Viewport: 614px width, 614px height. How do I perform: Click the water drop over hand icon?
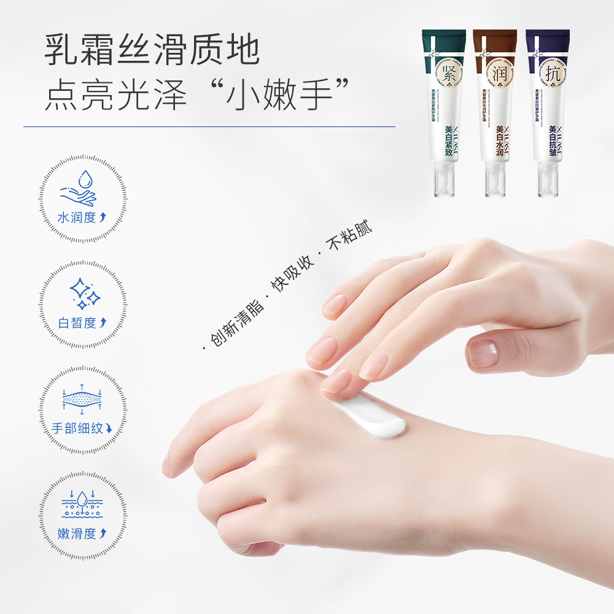point(79,187)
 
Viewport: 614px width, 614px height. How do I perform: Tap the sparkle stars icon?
point(84,293)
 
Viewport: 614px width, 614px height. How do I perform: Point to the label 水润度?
point(82,217)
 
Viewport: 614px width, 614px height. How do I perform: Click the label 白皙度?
point(82,323)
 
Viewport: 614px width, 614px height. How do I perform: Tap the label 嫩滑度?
point(82,533)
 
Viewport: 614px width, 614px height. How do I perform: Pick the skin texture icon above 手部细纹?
point(82,400)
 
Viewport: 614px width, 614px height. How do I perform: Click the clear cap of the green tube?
point(442,184)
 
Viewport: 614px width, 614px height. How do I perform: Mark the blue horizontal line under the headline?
point(209,127)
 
